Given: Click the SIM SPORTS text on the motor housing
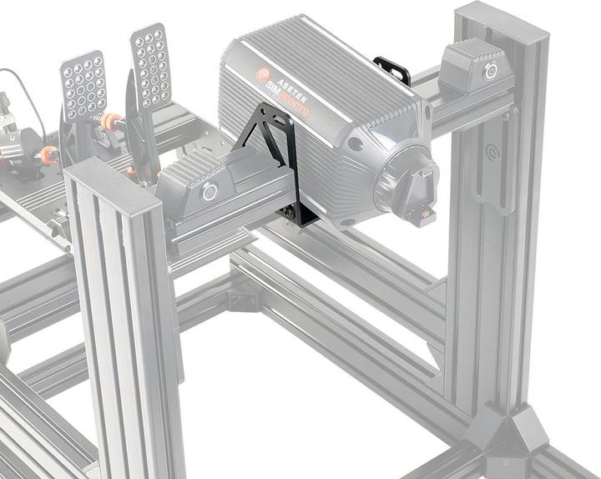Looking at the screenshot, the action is [287, 101].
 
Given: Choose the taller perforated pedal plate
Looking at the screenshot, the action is [150, 65].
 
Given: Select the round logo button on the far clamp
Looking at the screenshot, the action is [491, 70].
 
